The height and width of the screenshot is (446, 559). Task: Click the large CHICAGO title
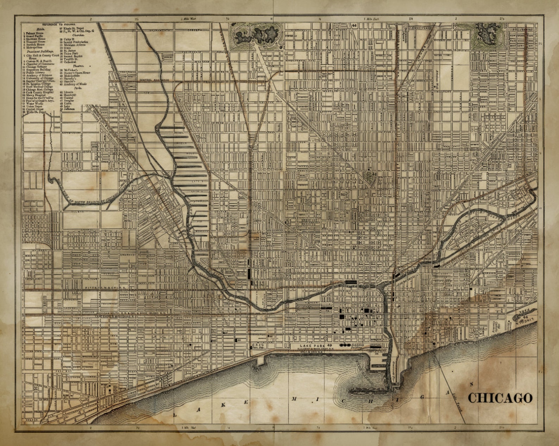[500, 398]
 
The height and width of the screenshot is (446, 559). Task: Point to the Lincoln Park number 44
[525, 317]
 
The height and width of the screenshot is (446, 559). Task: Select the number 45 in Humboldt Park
[479, 38]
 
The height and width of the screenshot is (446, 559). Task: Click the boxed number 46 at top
[354, 25]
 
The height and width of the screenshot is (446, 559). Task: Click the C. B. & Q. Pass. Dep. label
[258, 346]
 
